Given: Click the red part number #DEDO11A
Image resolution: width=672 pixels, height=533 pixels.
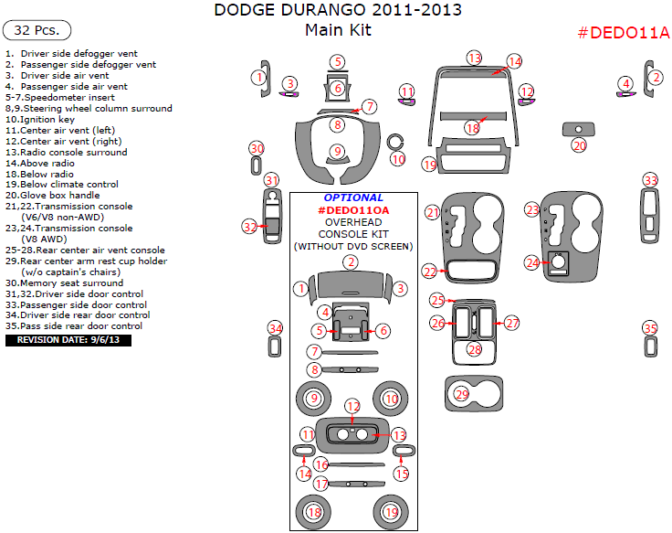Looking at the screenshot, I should [624, 34].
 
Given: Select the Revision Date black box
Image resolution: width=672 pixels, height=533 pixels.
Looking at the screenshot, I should [68, 340].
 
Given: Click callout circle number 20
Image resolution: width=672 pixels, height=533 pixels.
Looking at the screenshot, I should [579, 145].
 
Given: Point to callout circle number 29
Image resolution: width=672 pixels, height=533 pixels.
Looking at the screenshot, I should [462, 394].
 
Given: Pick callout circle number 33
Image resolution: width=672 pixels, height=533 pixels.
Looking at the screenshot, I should [650, 180].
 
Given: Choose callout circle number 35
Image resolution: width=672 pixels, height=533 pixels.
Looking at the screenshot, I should [650, 328].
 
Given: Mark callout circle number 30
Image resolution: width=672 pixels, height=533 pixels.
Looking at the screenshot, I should [257, 149].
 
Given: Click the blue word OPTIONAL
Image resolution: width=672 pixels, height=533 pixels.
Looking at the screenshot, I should [353, 197].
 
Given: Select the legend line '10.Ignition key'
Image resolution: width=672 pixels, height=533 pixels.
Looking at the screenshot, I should [40, 119].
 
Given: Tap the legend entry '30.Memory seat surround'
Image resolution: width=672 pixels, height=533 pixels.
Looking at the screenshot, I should [64, 282].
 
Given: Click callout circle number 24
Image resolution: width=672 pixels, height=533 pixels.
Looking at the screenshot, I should [532, 262].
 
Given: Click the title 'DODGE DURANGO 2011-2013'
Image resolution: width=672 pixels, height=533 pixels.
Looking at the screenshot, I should [337, 11].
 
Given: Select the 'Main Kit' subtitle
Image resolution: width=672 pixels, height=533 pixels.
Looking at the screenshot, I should [337, 30].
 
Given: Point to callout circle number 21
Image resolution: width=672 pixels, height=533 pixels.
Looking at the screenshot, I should [433, 212].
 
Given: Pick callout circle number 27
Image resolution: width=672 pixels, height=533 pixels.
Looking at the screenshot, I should [511, 323].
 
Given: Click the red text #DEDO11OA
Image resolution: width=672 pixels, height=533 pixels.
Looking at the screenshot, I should [353, 210].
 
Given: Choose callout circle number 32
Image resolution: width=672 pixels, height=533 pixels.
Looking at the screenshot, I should [250, 226].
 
